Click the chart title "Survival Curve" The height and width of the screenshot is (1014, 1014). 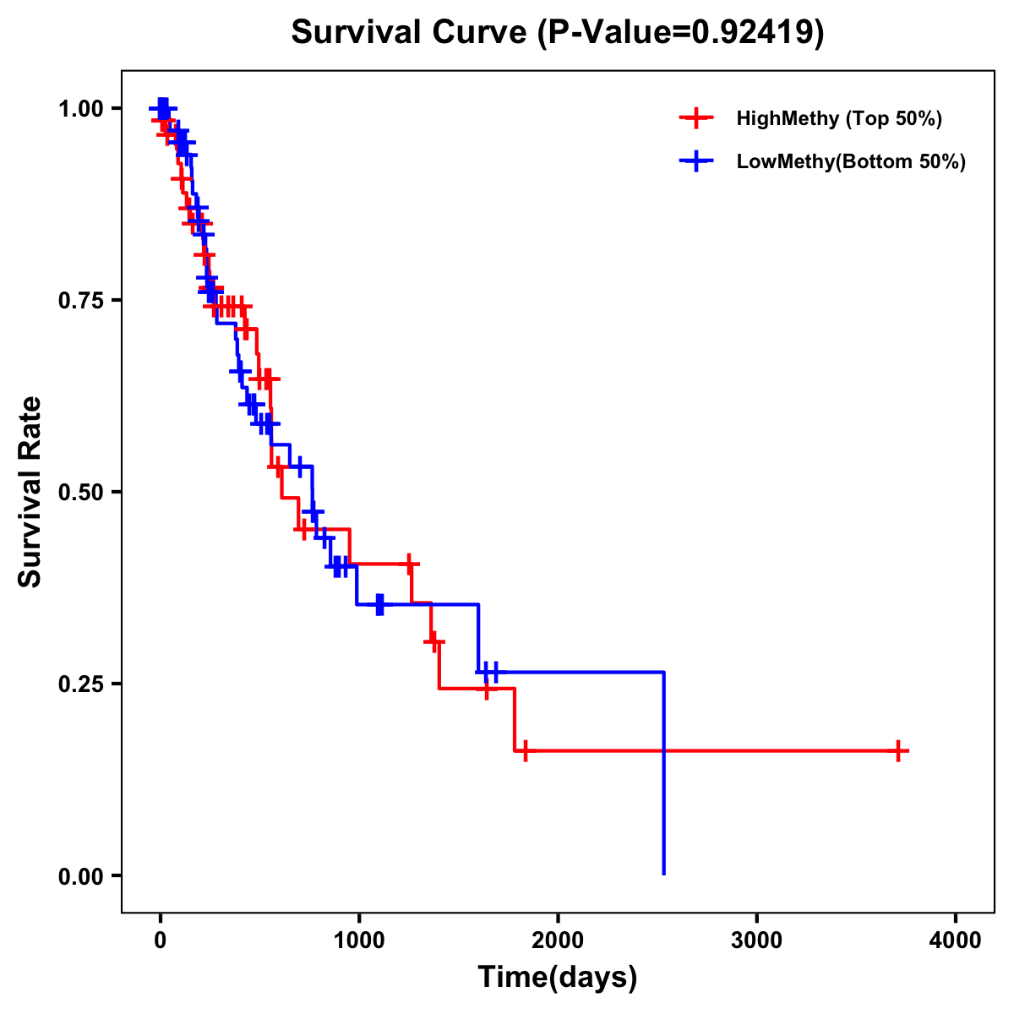click(410, 33)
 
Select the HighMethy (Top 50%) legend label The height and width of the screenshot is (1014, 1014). click(838, 118)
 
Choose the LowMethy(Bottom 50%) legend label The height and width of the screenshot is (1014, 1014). click(851, 162)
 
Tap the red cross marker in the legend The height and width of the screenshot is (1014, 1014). click(695, 118)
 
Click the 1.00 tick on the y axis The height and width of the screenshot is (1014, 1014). click(80, 109)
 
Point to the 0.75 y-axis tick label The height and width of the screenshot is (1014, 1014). click(80, 301)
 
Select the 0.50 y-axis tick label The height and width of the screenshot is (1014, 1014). click(80, 493)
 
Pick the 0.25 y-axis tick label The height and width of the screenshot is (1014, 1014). click(80, 684)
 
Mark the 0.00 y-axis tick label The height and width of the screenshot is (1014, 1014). click(80, 876)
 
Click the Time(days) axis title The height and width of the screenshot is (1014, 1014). click(558, 978)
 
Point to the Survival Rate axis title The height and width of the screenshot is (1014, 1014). click(30, 492)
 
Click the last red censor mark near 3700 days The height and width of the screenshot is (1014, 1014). click(898, 750)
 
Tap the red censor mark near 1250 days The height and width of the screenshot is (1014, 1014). click(410, 564)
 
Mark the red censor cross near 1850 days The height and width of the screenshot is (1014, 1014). click(525, 750)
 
